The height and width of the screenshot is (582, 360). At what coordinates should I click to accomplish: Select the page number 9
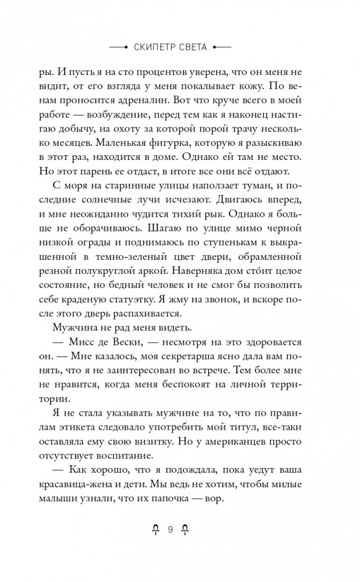(x=170, y=530)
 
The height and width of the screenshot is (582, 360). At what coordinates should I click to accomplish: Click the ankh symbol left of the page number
(x=155, y=530)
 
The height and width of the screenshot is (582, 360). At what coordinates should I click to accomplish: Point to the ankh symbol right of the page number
(x=186, y=530)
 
